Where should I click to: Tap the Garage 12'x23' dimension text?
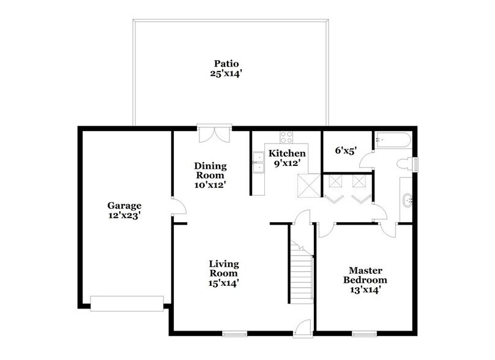(125, 216)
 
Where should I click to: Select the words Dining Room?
(210, 171)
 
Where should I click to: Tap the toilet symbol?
(405, 164)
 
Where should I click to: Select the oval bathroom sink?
(408, 200)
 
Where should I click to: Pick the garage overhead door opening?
(127, 300)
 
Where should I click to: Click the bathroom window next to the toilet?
(416, 164)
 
